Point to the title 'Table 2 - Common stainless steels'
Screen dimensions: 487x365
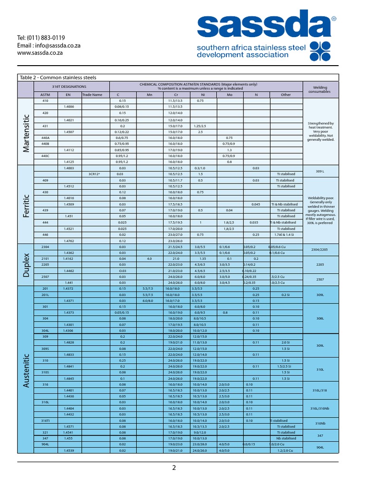tap(58, 78)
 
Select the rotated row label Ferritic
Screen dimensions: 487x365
tap(26, 205)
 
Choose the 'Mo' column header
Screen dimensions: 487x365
tap(229, 95)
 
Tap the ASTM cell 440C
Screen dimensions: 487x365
tap(46, 156)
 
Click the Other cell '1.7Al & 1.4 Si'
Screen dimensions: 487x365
tap(286, 234)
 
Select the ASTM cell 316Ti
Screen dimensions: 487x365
tap(46, 420)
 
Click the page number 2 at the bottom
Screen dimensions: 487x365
tap(174, 468)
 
